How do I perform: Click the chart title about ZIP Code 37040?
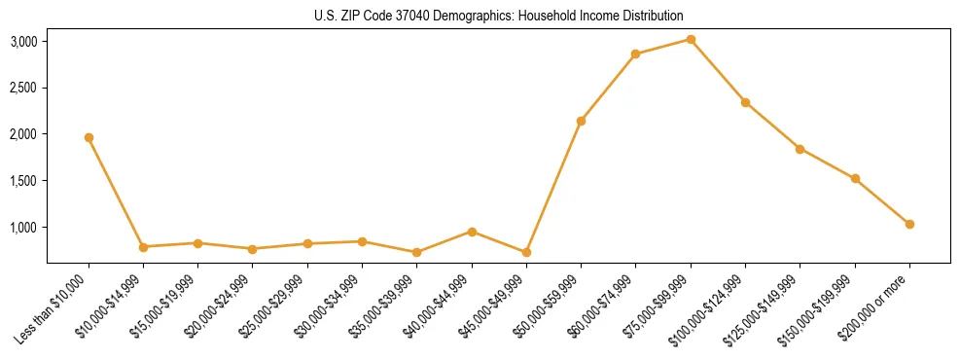498,17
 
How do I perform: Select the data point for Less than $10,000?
89,137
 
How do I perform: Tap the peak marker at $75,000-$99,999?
691,39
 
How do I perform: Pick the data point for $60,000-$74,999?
635,54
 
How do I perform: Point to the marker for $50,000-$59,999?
581,121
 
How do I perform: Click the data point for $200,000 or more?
909,224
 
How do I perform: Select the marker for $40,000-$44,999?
472,232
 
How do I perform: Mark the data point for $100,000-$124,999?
745,102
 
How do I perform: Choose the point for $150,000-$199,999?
855,178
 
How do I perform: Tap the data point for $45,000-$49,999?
526,252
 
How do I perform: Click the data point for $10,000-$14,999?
143,247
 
